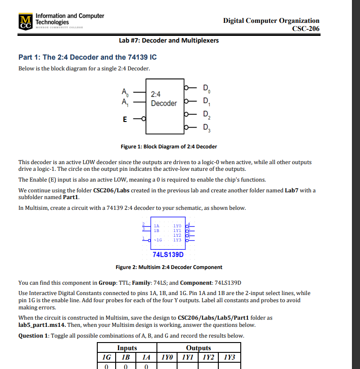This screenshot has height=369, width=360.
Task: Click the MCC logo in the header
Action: [26, 22]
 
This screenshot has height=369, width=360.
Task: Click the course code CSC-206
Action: [305, 29]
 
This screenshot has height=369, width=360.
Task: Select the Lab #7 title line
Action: [169, 40]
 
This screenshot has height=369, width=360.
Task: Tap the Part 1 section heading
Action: [87, 57]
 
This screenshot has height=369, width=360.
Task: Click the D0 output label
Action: [206, 87]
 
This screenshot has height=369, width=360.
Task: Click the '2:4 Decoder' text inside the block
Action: [164, 99]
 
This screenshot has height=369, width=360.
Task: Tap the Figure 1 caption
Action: [169, 147]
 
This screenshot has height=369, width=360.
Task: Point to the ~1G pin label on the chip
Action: [157, 240]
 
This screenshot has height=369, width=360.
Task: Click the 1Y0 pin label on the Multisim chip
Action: [178, 226]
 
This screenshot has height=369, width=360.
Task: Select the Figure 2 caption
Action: [169, 267]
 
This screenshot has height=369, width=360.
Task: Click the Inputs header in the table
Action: [127, 348]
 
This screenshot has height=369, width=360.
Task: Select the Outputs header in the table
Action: [198, 348]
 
